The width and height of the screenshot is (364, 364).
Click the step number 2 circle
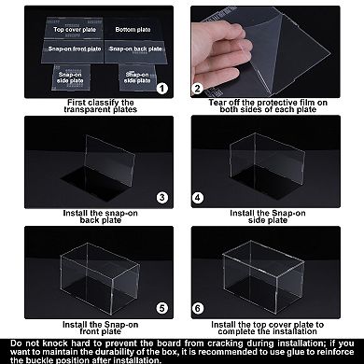(198, 89)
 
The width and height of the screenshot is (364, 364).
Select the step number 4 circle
(198, 197)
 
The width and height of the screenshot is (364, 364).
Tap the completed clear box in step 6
(276, 271)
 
